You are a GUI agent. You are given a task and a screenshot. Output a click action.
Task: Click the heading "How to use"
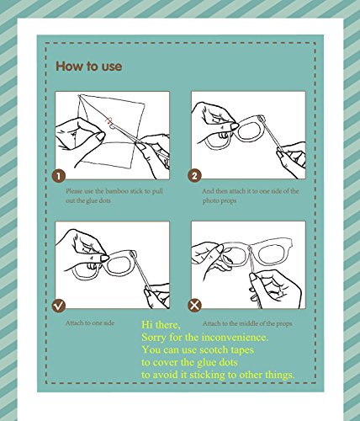[x=89, y=67]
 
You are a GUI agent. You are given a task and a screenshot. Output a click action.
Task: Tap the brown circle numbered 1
[x=59, y=176]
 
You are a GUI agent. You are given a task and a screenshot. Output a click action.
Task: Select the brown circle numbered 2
[x=194, y=176]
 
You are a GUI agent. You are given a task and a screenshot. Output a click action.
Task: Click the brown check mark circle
[x=59, y=306]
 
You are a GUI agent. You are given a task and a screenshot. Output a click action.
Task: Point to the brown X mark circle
[x=194, y=306]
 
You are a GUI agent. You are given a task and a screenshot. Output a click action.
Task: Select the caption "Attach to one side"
[x=90, y=322]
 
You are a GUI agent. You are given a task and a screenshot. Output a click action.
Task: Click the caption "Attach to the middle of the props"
[x=247, y=323]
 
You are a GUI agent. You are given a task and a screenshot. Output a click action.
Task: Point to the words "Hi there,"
[x=161, y=325]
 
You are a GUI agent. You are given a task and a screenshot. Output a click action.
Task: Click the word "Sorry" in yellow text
[x=154, y=338]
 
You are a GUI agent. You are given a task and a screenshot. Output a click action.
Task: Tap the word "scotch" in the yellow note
[x=214, y=349]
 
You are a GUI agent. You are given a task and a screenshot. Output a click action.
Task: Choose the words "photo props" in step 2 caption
[x=220, y=201]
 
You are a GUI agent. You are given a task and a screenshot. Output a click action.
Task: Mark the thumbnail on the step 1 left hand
[x=98, y=136]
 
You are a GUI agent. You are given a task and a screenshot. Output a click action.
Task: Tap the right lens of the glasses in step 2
[x=250, y=129]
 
